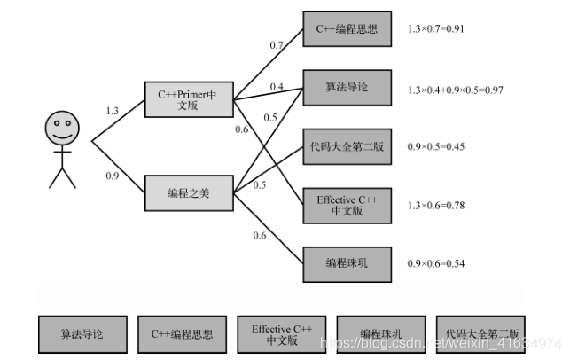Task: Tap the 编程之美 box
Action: (x=189, y=192)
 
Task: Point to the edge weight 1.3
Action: (x=112, y=111)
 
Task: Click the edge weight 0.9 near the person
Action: (x=112, y=176)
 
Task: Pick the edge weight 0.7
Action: (x=276, y=44)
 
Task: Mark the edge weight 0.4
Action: (x=277, y=87)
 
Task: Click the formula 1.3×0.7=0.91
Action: (x=436, y=29)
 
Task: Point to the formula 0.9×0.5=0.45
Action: (x=436, y=146)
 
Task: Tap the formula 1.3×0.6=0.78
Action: (x=436, y=206)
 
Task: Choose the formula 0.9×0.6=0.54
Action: (x=436, y=263)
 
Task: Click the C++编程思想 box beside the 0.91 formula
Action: (x=347, y=29)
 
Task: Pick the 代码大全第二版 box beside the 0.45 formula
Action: (x=347, y=145)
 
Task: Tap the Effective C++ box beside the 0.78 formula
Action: (x=347, y=206)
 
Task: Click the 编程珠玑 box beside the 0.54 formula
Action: (x=347, y=263)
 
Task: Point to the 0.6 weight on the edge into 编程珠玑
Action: (x=260, y=235)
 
